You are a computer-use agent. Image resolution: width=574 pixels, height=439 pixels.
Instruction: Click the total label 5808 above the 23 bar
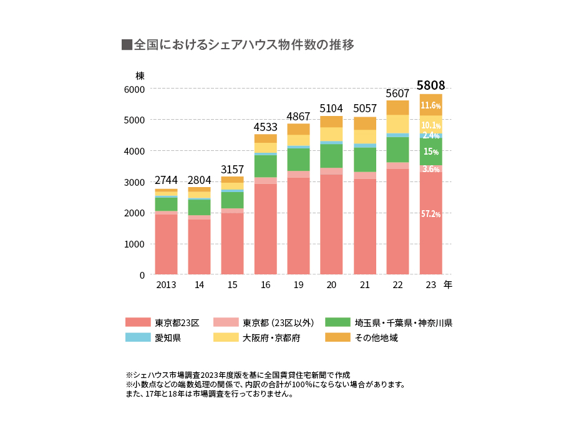[x=430, y=85]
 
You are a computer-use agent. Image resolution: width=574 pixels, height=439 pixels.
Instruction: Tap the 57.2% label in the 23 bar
[x=430, y=214]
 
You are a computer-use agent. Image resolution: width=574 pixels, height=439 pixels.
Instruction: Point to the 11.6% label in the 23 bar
[x=430, y=105]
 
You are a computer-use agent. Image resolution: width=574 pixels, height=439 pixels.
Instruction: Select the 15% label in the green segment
[x=430, y=152]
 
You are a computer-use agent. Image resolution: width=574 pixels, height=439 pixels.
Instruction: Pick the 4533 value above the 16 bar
[x=265, y=127]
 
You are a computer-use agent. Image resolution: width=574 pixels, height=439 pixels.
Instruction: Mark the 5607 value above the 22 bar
[x=397, y=93]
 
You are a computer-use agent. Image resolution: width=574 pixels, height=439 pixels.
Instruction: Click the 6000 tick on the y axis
[x=134, y=89]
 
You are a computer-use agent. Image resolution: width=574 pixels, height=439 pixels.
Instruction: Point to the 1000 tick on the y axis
[x=134, y=244]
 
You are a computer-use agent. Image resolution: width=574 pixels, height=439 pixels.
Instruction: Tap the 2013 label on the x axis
[x=166, y=285]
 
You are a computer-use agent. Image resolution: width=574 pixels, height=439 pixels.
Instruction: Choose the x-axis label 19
[x=298, y=285]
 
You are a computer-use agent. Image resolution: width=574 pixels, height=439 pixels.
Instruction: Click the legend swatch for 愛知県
[x=138, y=337]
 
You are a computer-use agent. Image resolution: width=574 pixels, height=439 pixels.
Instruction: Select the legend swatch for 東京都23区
[x=138, y=322]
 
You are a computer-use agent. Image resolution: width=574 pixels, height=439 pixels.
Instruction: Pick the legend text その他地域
[x=376, y=337]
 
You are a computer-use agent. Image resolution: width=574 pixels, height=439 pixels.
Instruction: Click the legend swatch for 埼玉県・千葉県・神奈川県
[x=338, y=322]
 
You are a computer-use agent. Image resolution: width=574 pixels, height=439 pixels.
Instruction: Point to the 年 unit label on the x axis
[x=448, y=285]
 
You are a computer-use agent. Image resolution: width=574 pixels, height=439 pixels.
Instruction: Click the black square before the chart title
[x=127, y=45]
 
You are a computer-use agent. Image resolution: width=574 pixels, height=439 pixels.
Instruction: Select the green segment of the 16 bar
[x=265, y=166]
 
